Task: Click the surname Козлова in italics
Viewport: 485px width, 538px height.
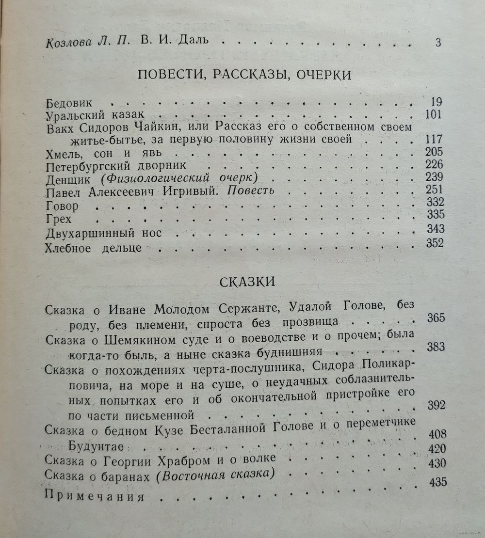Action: pyautogui.click(x=68, y=42)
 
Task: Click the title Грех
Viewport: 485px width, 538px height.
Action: pyautogui.click(x=58, y=220)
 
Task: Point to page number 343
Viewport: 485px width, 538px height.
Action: pyautogui.click(x=435, y=228)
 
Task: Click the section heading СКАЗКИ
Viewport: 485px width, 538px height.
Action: pyautogui.click(x=247, y=282)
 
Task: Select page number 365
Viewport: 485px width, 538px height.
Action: pyautogui.click(x=436, y=318)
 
